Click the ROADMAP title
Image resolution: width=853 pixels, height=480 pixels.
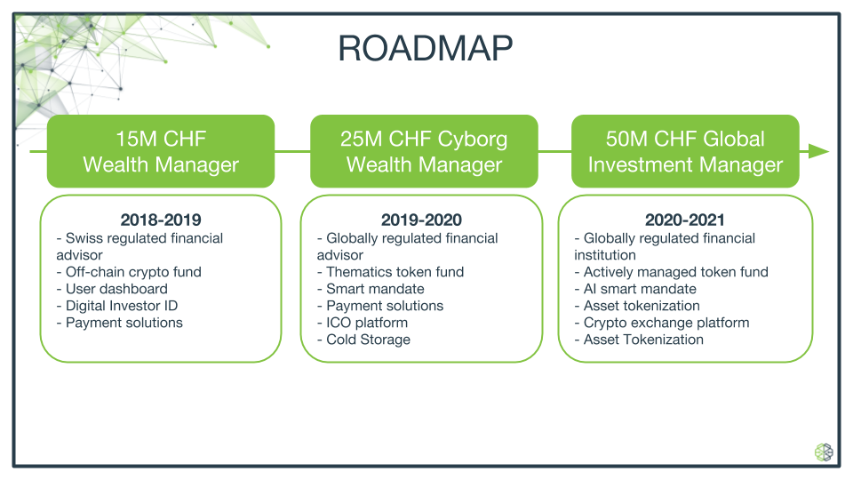coord(425,48)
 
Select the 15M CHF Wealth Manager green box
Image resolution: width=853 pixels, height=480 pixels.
coord(161,151)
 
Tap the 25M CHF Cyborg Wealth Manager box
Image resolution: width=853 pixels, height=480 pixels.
coord(424,151)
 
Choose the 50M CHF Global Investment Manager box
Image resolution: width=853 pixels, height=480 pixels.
coord(685,151)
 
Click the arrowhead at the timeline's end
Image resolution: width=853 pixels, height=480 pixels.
coord(818,151)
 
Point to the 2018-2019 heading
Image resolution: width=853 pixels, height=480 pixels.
coord(161,220)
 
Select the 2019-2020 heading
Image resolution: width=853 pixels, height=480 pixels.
coord(421,220)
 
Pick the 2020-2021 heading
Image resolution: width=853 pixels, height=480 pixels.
coord(684,220)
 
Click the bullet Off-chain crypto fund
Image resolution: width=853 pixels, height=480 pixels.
coord(129,272)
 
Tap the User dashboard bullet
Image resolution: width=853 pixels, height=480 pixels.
coord(112,289)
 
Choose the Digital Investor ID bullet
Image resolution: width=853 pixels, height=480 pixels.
coord(117,306)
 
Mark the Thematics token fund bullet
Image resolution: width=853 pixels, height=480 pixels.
coord(391,272)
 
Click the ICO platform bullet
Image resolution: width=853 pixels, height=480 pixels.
coord(363,323)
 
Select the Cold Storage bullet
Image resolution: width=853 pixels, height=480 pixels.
coord(364,340)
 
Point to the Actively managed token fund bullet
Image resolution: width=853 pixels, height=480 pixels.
coord(672,272)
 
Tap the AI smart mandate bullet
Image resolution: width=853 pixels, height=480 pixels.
coord(635,289)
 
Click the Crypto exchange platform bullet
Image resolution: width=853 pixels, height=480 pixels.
coord(662,323)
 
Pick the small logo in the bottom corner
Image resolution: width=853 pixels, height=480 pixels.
coord(824,452)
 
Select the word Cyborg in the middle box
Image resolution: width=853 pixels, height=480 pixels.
coord(472,140)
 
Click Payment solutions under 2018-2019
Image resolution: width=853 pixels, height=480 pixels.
coord(120,323)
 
